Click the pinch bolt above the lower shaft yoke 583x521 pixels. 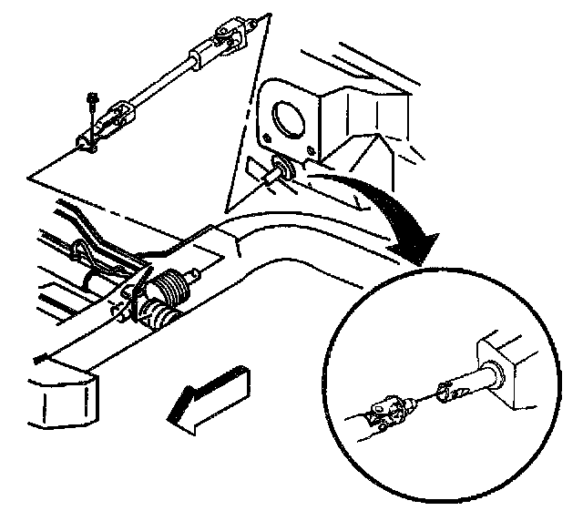(x=93, y=102)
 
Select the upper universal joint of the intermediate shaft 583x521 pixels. (x=224, y=40)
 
